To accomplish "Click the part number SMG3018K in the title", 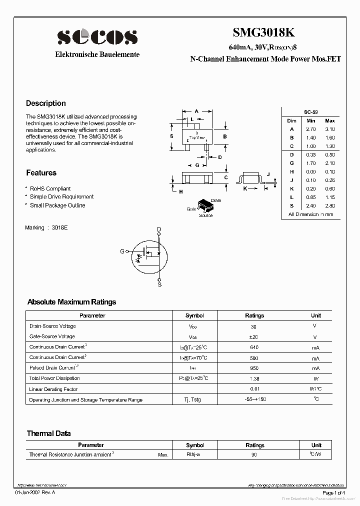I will (x=264, y=33).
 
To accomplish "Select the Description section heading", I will (x=46, y=103).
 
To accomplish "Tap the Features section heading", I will (x=41, y=173).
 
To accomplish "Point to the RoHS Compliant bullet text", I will (x=50, y=188).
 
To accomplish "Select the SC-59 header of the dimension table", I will (x=310, y=112).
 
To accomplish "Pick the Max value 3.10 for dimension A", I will (x=329, y=129).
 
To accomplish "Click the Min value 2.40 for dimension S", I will (x=311, y=205).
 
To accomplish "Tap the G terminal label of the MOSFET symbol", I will (x=122, y=251).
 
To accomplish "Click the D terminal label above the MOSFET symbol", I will (x=159, y=229).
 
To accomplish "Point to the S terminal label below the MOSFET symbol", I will (x=159, y=284).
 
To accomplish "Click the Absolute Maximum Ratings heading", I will (x=71, y=302).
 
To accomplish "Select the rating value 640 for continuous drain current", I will (x=254, y=347).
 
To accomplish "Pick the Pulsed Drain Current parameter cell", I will (x=55, y=368).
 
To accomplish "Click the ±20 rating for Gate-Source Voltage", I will (x=254, y=337).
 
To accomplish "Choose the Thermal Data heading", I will (x=48, y=433).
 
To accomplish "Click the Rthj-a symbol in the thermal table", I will (x=193, y=455).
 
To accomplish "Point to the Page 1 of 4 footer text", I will (x=333, y=493).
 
